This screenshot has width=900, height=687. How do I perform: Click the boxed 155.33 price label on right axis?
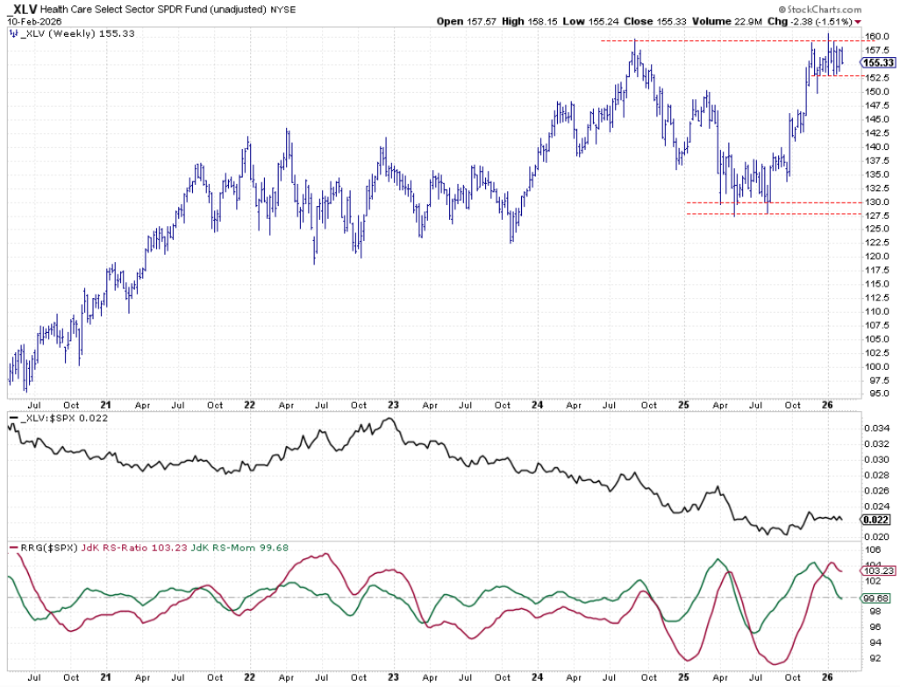(x=879, y=62)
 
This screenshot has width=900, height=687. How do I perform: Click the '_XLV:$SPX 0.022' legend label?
(x=53, y=418)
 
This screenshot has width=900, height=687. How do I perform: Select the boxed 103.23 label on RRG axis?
(x=878, y=570)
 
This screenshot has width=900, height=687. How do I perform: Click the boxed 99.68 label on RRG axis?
(x=878, y=598)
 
